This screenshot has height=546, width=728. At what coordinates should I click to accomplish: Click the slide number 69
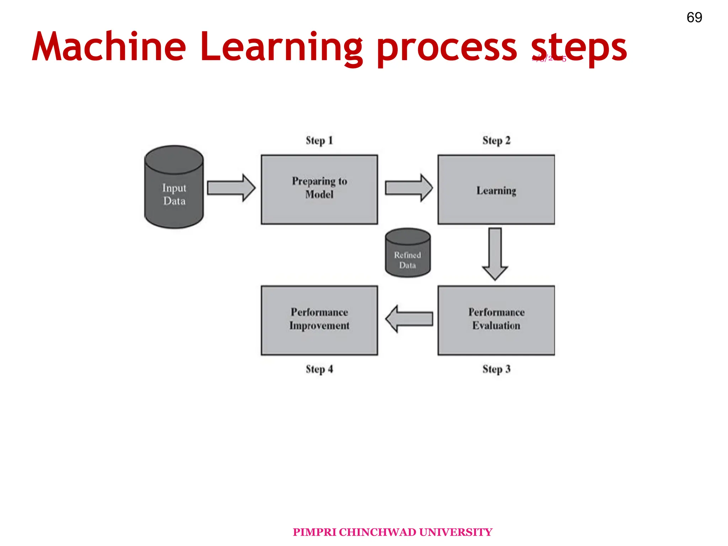pos(694,17)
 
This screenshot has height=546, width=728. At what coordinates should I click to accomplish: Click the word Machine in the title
pos(109,47)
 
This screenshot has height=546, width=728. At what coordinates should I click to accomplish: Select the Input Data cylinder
pos(174,187)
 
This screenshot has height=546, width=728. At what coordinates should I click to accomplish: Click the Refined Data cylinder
pos(408,253)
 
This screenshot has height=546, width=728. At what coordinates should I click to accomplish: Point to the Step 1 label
pos(319,140)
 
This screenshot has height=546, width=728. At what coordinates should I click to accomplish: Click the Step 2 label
pos(496,140)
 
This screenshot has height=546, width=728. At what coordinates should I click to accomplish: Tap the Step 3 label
pos(496,369)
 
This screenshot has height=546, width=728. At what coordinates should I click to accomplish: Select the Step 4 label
pos(319,369)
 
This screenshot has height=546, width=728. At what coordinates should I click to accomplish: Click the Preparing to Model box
pos(319,189)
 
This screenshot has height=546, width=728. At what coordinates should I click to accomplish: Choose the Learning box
pos(496,190)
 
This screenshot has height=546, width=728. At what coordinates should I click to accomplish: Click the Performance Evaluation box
pos(496,320)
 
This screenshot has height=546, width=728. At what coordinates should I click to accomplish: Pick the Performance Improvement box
pos(319,320)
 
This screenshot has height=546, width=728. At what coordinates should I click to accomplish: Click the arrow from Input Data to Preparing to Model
pos(231,188)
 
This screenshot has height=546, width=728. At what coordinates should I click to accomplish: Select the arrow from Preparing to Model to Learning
pos(409,188)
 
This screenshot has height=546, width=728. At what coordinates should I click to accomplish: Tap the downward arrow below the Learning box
pos(495,254)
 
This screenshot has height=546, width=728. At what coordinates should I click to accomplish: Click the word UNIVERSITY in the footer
pos(455,532)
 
